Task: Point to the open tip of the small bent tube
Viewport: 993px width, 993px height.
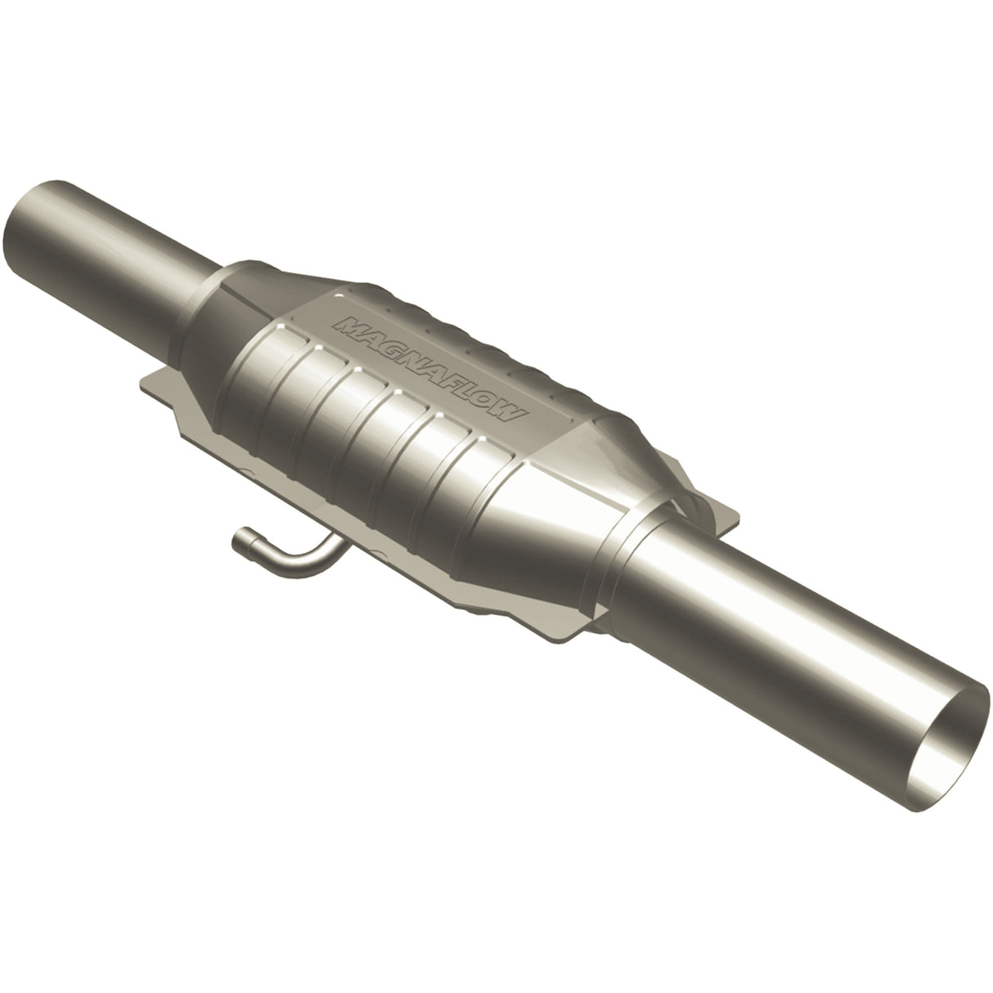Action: (239, 537)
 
